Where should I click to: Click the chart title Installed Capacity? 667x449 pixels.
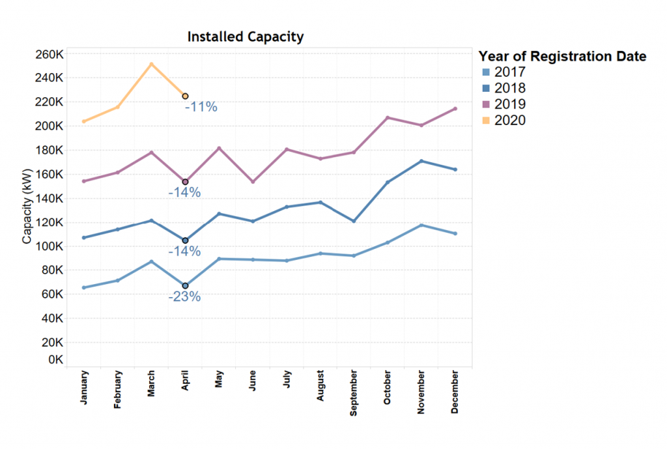click(x=245, y=36)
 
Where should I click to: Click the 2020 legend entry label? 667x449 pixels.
click(x=510, y=120)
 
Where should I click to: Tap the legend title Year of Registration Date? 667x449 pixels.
click(x=562, y=56)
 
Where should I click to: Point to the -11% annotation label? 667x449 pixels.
click(x=201, y=107)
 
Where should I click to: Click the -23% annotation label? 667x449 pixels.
click(x=184, y=297)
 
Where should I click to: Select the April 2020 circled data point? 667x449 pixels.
click(x=185, y=96)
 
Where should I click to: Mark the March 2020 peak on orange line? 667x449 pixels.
click(x=151, y=64)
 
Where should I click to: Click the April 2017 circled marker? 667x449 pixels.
click(x=185, y=285)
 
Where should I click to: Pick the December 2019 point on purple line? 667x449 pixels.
click(x=455, y=109)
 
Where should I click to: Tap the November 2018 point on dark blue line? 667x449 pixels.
click(x=421, y=161)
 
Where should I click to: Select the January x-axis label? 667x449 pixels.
click(x=84, y=388)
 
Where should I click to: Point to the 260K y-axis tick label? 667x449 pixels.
click(x=49, y=54)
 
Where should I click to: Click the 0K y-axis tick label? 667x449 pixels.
click(x=54, y=360)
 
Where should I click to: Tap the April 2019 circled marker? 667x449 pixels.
click(x=185, y=182)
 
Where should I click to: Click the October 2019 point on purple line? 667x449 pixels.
click(x=388, y=118)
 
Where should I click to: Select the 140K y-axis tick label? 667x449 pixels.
click(x=49, y=198)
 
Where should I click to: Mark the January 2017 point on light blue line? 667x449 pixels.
click(x=84, y=287)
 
